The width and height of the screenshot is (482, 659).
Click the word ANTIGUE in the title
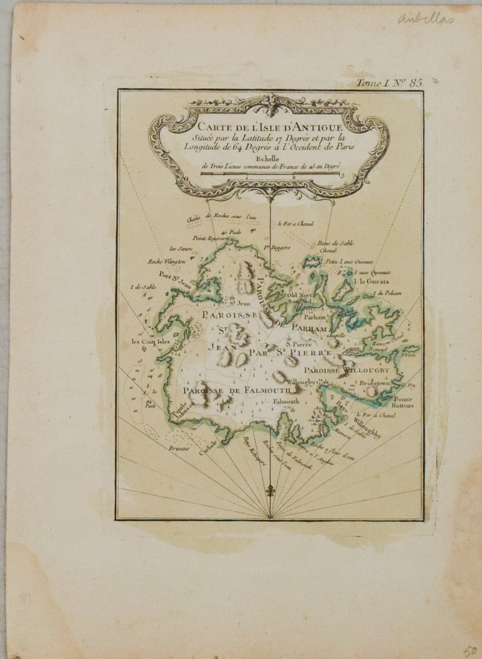(x=311, y=127)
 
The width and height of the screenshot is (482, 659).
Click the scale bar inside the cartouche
(x=269, y=174)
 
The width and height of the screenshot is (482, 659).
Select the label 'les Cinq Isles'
(x=151, y=342)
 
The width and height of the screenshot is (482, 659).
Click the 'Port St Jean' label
(x=170, y=277)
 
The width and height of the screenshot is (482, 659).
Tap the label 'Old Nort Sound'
(x=300, y=298)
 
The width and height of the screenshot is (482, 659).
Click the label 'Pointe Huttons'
(x=404, y=402)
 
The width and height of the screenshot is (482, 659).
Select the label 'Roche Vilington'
(x=167, y=261)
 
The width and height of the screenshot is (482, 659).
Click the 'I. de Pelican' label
(x=386, y=293)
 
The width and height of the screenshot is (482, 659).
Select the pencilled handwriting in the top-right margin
(x=426, y=19)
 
